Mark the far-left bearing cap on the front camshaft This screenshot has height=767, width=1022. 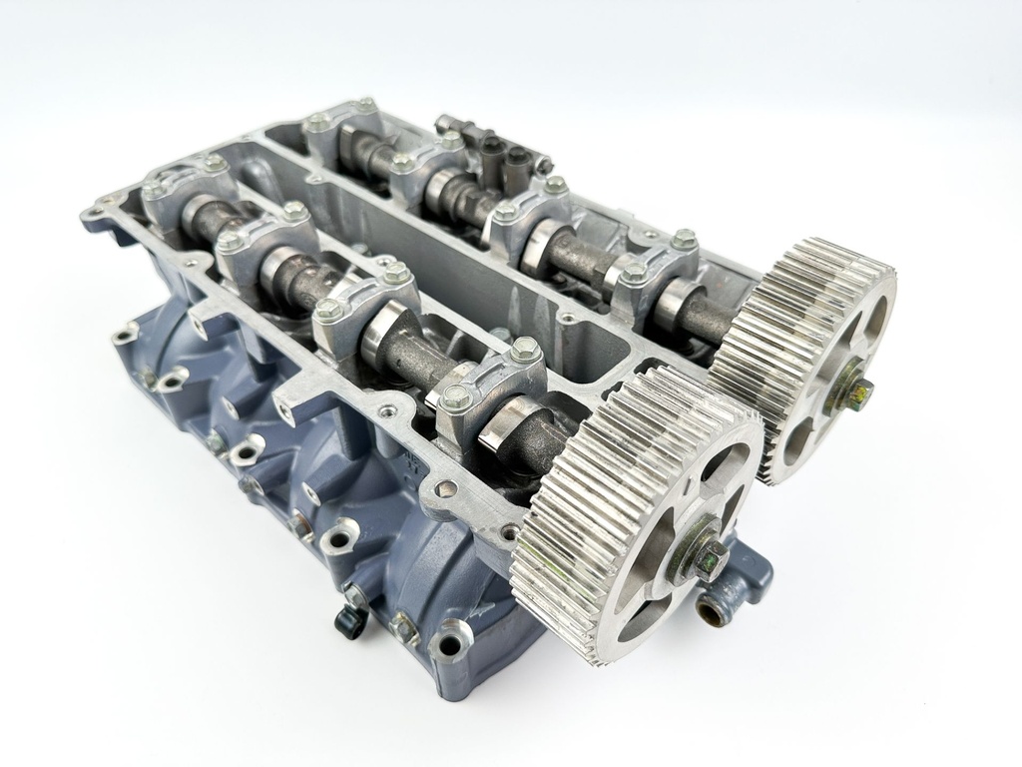185,190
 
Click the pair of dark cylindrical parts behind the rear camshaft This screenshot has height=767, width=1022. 504,160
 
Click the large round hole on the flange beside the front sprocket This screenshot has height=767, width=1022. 447,489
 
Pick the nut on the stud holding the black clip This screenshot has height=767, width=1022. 355,597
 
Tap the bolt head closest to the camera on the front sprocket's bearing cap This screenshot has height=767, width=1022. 456,397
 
